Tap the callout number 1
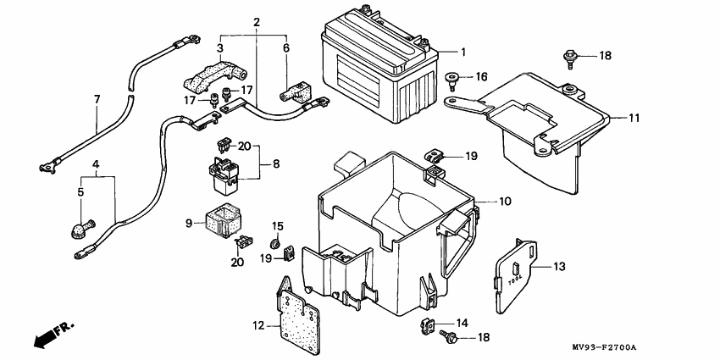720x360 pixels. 463,51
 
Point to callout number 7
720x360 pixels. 97,100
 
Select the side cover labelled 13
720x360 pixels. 516,271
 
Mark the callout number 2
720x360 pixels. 256,19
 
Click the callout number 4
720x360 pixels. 97,163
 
